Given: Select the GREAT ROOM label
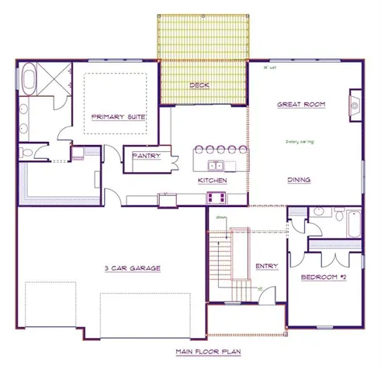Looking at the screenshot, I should (x=302, y=104).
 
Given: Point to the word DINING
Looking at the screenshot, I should (x=300, y=180).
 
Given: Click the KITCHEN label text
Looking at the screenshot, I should (x=212, y=180).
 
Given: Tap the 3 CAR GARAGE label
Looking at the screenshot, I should (x=132, y=268).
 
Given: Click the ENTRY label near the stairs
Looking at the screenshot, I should (x=267, y=266).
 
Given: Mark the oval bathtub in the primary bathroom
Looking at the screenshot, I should (x=29, y=80).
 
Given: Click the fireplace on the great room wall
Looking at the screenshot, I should (x=355, y=102).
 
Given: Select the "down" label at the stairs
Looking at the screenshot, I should (x=221, y=219).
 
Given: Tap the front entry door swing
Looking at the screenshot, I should (x=260, y=292).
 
